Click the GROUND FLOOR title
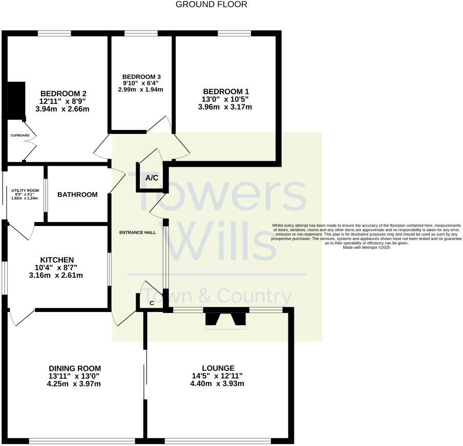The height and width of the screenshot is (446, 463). point(211,5)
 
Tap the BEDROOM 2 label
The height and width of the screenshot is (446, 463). point(63,94)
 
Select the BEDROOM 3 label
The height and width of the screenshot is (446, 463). point(141,77)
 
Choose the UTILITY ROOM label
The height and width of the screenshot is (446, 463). point(22,190)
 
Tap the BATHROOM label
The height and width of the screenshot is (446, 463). point(77,194)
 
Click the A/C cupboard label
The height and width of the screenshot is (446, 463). point(152,178)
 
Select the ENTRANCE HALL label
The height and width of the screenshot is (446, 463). point(137,233)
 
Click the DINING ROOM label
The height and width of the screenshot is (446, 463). point(75,368)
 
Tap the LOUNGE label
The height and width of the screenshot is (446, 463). point(218,368)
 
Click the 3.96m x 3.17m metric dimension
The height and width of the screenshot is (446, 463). point(225,107)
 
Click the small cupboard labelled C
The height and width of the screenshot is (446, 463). point(152,303)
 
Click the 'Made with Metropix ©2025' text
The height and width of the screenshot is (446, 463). point(368,248)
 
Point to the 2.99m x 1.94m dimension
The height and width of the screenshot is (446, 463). point(141,90)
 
